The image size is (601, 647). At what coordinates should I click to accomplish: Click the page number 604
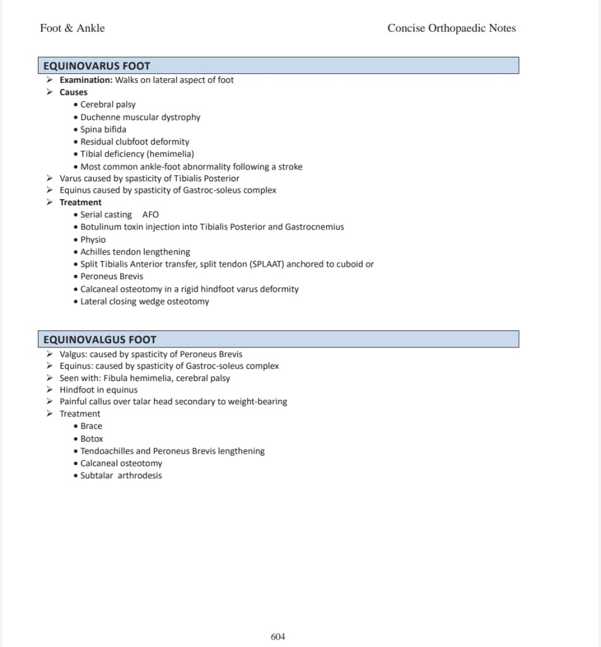click(x=278, y=637)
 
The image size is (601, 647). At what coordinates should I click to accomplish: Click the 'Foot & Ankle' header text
click(x=72, y=28)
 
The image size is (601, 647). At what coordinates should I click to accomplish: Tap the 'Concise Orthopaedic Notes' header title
click(x=451, y=28)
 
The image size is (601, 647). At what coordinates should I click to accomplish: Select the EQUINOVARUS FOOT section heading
click(x=97, y=66)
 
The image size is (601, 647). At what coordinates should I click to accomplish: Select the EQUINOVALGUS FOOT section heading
click(x=100, y=339)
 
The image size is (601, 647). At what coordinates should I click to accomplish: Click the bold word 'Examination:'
click(x=86, y=80)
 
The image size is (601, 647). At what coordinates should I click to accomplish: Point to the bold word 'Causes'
click(x=73, y=92)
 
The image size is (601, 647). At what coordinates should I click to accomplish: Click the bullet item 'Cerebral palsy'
click(x=107, y=104)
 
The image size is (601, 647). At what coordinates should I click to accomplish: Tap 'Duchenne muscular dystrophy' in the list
click(x=140, y=117)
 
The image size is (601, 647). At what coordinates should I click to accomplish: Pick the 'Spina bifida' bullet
click(x=103, y=130)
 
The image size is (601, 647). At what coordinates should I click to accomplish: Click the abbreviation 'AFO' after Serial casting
click(x=150, y=215)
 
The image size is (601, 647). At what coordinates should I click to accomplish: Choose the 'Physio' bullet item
click(x=93, y=239)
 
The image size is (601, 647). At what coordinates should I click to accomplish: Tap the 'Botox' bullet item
click(x=92, y=438)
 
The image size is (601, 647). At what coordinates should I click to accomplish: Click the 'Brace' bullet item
click(x=91, y=426)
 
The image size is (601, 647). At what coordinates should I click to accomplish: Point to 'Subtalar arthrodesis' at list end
click(x=121, y=476)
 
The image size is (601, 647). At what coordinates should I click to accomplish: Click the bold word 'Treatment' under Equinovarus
click(x=80, y=202)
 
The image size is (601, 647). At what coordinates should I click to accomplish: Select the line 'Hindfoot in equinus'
click(x=98, y=389)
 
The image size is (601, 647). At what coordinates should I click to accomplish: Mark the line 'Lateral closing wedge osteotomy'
click(x=145, y=301)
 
